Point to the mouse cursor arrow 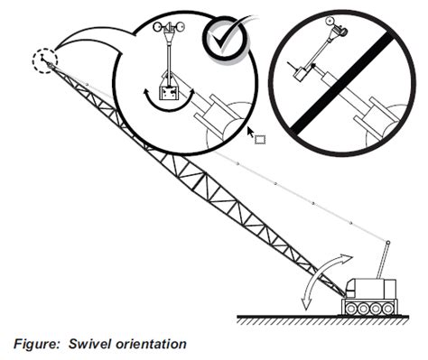251,132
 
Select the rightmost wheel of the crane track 389,307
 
